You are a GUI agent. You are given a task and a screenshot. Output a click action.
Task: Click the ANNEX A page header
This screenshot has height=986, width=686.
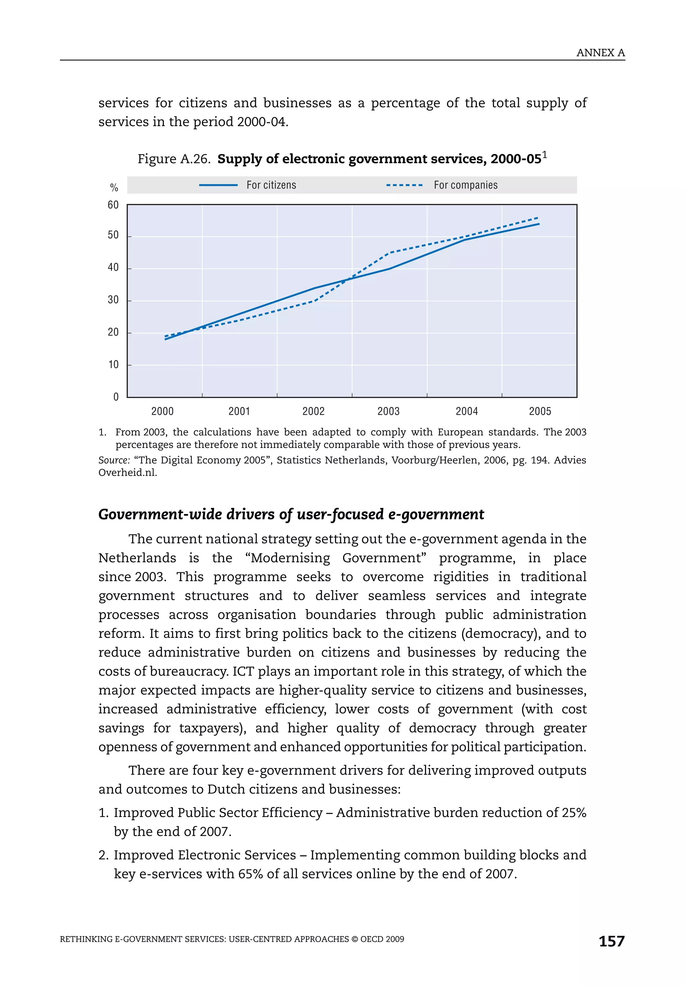tap(600, 53)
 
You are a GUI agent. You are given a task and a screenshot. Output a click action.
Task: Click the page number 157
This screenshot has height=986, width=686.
tap(611, 941)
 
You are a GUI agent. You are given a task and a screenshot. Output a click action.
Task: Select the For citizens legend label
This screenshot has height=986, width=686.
tap(271, 185)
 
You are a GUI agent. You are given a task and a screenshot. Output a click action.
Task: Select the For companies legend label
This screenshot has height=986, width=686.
tap(466, 185)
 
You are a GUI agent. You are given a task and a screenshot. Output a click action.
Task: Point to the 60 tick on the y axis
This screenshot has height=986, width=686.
tap(113, 205)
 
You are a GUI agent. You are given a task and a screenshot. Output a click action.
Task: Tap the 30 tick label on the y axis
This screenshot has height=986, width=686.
tap(113, 300)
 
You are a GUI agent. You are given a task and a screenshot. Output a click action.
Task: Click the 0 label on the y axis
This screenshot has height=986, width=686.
tap(116, 397)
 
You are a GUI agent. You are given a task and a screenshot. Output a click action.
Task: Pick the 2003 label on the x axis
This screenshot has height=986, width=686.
tap(388, 411)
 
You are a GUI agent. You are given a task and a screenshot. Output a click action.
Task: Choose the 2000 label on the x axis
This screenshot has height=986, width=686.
tap(162, 411)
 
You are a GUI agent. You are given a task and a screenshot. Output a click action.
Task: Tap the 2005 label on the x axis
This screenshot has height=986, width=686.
tap(540, 411)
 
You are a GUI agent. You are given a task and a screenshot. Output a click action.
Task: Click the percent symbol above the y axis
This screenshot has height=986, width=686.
tap(114, 188)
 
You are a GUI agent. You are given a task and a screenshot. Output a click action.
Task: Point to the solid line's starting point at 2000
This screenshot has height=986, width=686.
tap(165, 339)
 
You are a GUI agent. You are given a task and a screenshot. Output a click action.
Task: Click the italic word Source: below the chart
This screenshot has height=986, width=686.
tap(114, 460)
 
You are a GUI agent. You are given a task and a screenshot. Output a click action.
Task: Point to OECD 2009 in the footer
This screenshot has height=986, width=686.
tap(382, 939)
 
